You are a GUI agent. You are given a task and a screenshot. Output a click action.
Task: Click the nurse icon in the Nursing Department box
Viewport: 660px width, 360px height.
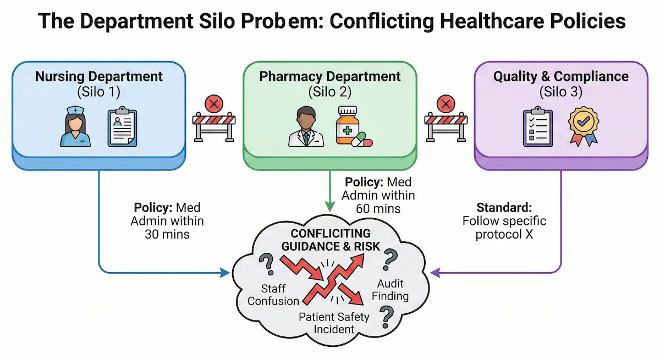76,127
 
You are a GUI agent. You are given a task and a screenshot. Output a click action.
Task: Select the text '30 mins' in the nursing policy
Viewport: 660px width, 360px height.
167,234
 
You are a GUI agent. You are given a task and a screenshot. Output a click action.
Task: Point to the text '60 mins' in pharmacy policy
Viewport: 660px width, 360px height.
378,208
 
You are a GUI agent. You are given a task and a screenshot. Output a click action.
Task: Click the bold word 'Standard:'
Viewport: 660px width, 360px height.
504,208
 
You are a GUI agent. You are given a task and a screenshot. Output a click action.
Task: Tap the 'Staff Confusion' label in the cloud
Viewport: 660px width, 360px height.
274,294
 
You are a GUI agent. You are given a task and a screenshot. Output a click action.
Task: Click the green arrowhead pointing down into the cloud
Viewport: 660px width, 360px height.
330,207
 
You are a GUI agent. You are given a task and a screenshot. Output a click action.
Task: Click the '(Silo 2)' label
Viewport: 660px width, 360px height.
330,91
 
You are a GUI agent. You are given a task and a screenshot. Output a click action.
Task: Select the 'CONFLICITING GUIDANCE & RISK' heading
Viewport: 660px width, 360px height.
331,240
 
